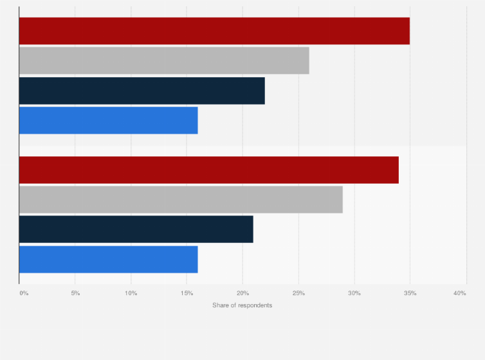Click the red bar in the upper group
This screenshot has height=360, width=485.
coord(214,31)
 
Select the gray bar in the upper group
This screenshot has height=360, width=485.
coord(164,60)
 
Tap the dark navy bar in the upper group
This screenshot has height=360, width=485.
coord(142,91)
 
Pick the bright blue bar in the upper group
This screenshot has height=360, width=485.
coord(108,120)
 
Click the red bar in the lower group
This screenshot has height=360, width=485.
coord(208,170)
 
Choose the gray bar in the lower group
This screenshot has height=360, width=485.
coord(181,199)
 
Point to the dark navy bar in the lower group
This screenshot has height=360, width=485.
coord(136,230)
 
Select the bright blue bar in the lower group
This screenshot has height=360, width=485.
coord(108,259)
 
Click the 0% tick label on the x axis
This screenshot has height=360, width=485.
coord(24,293)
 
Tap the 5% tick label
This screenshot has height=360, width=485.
coord(75,293)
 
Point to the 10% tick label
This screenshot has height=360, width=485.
coord(131,293)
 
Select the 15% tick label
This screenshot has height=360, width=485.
coord(187,293)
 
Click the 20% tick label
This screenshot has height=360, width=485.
coord(243,293)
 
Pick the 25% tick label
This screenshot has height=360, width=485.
coord(298,293)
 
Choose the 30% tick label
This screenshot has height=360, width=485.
coord(354,293)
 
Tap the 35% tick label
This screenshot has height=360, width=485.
coord(410,293)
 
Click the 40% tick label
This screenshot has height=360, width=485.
coord(459,293)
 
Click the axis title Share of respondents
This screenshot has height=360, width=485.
coord(242,305)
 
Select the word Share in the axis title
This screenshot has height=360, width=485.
coord(220,305)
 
